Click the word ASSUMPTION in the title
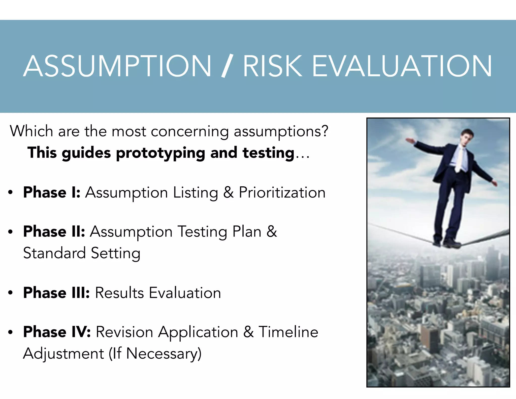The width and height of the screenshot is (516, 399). coord(117,66)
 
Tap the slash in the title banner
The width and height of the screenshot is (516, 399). coord(227,66)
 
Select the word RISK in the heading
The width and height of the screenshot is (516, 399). coord(272,66)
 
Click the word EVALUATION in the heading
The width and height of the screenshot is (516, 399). coord(402,66)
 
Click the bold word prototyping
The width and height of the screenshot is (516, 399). coord(160,153)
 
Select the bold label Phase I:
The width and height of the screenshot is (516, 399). coord(52,192)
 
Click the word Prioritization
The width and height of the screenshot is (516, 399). coord(282,192)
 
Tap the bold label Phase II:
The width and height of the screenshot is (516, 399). coord(54,232)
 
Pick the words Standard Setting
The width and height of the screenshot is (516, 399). coord(82,253)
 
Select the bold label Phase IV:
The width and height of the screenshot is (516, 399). coord(57,332)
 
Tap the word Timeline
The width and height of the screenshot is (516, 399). coord(288,332)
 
